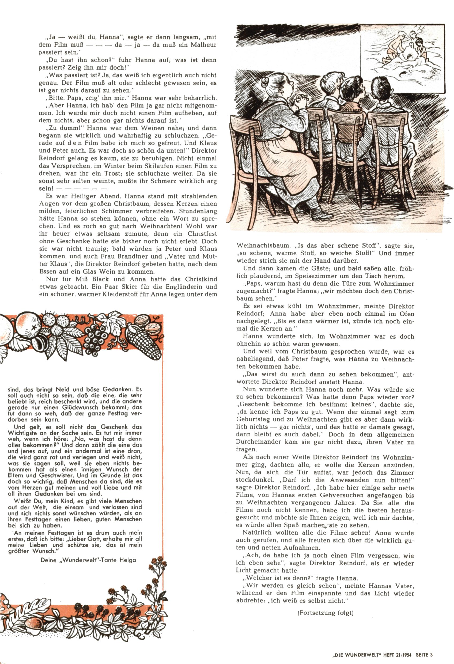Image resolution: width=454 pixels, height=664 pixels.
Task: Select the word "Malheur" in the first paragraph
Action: click(x=203, y=45)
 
